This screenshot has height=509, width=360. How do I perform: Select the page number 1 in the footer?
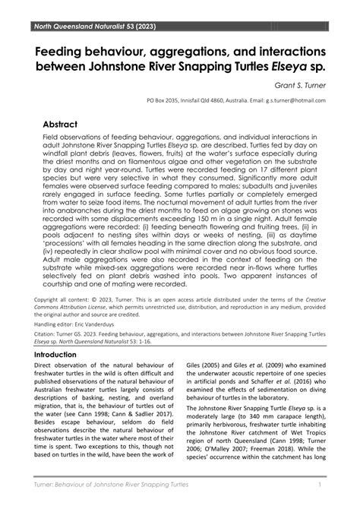point(323,484)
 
